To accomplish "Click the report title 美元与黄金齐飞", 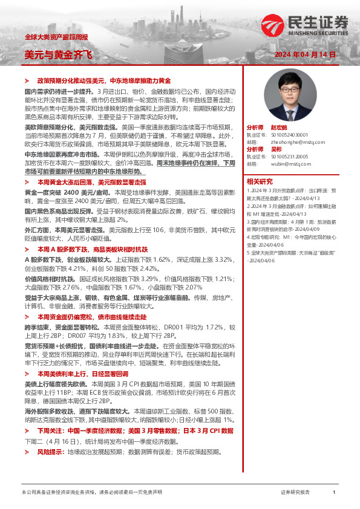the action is point(59,55).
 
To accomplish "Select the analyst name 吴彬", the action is point(277,149).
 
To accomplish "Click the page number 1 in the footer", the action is point(334,493).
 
